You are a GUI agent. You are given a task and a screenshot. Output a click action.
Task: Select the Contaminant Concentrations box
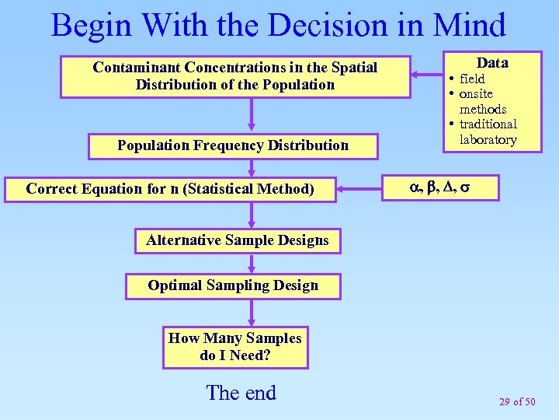[x=234, y=76]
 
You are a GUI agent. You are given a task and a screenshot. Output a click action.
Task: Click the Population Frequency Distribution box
[x=233, y=145]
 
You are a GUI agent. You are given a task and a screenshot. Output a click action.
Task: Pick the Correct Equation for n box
[x=170, y=189]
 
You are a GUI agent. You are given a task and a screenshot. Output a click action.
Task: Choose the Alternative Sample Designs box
[x=237, y=240]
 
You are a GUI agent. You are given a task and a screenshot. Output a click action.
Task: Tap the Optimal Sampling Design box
[x=233, y=285]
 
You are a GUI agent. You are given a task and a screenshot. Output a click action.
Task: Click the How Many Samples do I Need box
[x=234, y=347]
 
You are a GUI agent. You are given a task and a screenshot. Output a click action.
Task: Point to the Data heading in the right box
[x=492, y=63]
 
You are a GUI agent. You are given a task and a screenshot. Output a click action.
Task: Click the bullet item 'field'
[x=472, y=79]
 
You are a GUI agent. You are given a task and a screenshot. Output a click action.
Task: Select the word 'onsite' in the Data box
[x=476, y=94]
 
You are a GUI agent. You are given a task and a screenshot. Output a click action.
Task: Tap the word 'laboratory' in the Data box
[x=488, y=140]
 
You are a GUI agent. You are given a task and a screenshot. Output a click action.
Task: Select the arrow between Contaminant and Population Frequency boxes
[x=251, y=115]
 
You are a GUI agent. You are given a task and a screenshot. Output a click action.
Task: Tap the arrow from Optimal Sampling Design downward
[x=251, y=312]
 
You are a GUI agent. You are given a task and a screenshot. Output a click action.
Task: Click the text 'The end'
[x=241, y=393]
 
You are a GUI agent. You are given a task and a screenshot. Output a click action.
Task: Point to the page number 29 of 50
[x=517, y=401]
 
